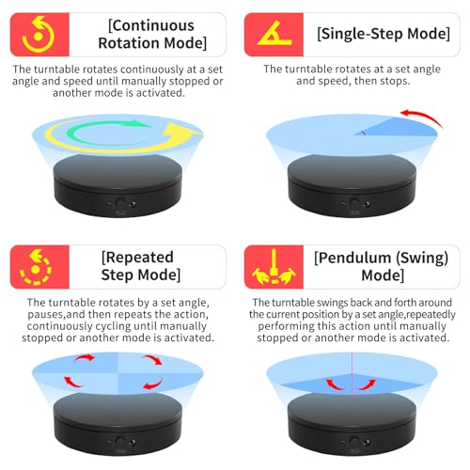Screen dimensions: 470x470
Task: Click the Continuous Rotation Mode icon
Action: (39, 35)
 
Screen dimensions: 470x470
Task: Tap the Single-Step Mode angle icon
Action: (274, 34)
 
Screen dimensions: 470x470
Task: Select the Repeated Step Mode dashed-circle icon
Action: (36, 267)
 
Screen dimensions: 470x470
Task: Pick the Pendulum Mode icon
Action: (274, 267)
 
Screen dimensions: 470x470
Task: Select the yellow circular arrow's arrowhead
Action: (182, 132)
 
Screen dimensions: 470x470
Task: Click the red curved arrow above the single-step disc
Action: (423, 117)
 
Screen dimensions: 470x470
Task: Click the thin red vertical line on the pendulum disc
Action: (352, 376)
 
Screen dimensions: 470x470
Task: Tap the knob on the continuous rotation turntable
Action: (120, 204)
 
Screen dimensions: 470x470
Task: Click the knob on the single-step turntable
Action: (355, 204)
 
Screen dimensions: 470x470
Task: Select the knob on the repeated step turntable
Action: (120, 442)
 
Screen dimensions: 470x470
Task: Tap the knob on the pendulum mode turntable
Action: (355, 442)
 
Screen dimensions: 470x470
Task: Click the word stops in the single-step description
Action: (395, 81)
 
